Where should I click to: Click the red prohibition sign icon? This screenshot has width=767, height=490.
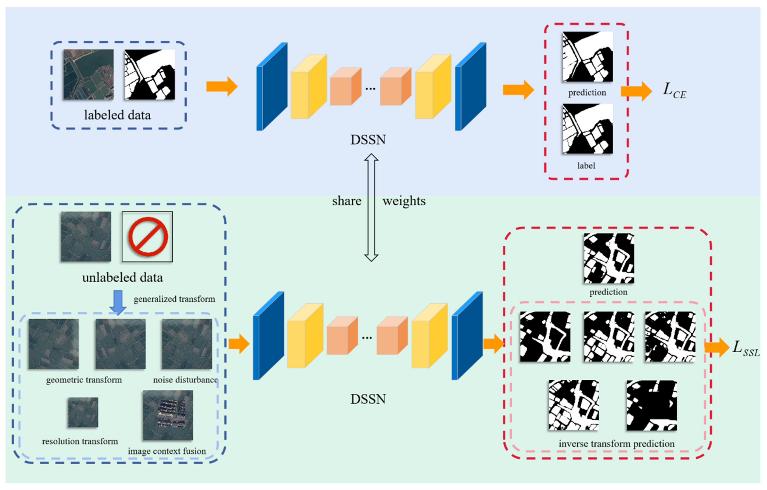click(x=148, y=236)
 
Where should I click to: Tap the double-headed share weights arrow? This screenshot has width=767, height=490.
click(x=371, y=207)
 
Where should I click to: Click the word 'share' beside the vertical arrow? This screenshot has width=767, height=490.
click(x=347, y=201)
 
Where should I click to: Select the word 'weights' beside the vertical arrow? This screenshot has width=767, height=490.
click(x=404, y=201)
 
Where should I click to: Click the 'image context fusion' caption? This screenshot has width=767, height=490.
click(x=167, y=451)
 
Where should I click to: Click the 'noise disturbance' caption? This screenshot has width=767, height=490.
click(x=185, y=380)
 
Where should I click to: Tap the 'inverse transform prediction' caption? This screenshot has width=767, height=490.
click(x=616, y=443)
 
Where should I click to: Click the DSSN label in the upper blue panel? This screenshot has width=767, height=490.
click(x=368, y=140)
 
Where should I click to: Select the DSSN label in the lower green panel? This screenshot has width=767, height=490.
click(x=368, y=399)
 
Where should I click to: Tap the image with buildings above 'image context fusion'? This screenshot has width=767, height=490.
click(x=168, y=415)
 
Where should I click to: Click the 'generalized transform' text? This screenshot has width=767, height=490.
click(x=174, y=299)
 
